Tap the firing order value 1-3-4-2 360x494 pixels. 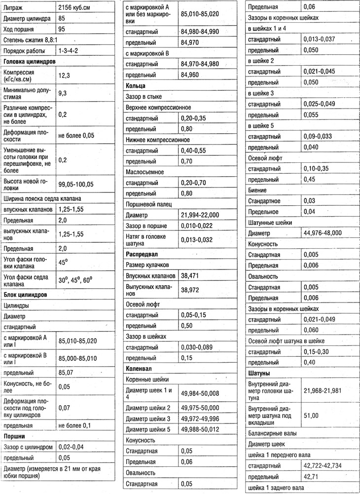pyautogui.click(x=68, y=51)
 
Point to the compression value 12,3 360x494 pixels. pyautogui.click(x=64, y=76)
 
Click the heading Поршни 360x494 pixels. pyautogui.click(x=14, y=436)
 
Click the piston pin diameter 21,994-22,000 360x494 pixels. pyautogui.click(x=200, y=215)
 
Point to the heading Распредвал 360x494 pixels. pyautogui.click(x=142, y=254)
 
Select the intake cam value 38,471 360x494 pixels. pyautogui.click(x=191, y=276)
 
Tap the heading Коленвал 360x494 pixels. pyautogui.click(x=139, y=369)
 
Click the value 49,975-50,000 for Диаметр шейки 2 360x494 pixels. pyautogui.click(x=200, y=408)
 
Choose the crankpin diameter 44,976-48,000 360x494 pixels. pyautogui.click(x=323, y=233)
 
